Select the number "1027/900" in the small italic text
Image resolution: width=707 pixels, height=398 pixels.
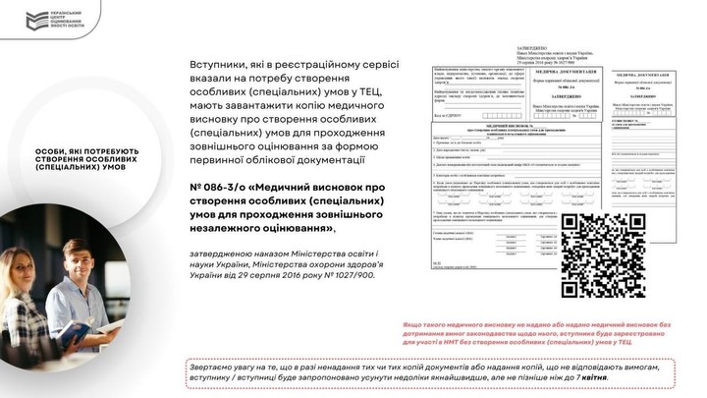[x=351, y=276]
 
